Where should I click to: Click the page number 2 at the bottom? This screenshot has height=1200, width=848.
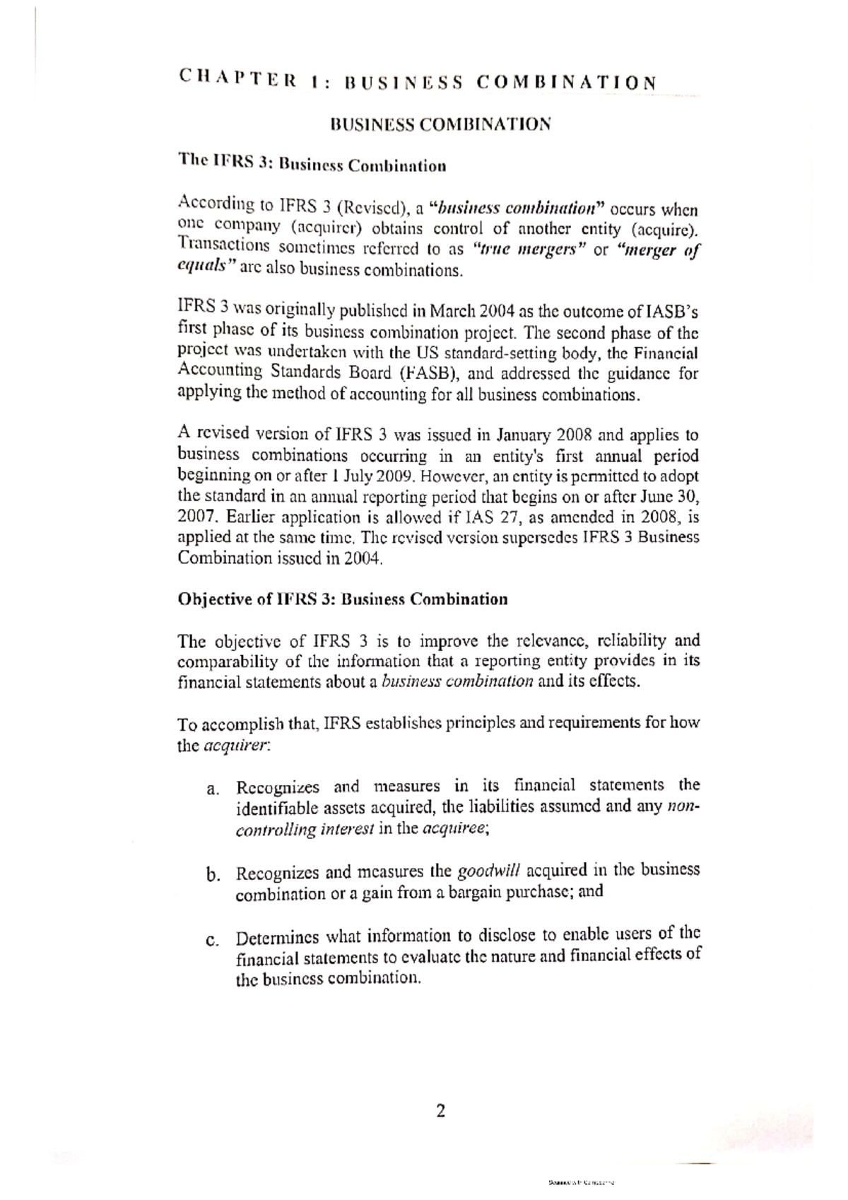tap(441, 1112)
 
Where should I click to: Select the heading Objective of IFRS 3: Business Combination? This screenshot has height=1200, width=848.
tap(343, 599)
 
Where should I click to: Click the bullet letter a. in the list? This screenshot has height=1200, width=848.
tap(213, 789)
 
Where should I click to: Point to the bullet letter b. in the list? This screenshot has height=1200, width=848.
tap(213, 875)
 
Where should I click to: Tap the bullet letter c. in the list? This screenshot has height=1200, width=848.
tap(212, 941)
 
